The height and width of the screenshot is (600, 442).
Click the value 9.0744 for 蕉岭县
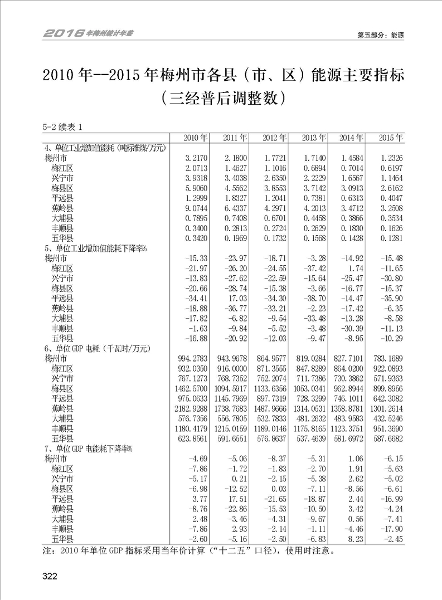click(x=195, y=207)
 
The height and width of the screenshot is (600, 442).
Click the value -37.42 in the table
click(x=313, y=268)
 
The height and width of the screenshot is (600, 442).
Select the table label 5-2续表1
click(x=62, y=126)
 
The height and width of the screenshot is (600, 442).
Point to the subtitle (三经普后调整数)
click(x=222, y=99)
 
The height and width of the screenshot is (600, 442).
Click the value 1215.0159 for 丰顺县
click(x=231, y=428)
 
